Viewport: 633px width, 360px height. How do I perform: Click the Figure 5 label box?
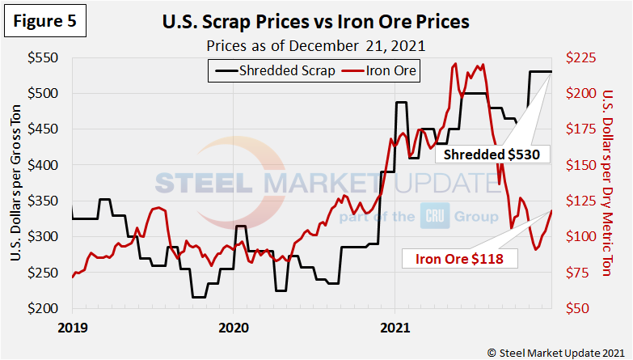44,22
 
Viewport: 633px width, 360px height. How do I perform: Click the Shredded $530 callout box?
492,153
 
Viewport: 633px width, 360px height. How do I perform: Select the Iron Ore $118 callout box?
459,259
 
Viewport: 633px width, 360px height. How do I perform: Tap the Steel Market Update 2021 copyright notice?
555,351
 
